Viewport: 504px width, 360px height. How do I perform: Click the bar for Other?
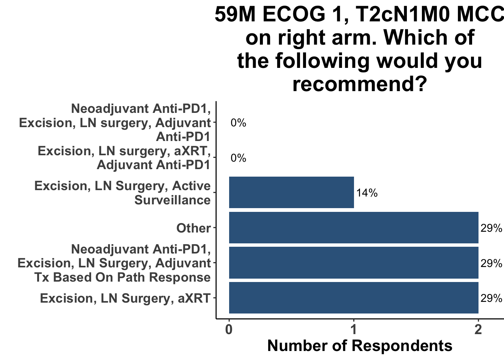tap(353, 228)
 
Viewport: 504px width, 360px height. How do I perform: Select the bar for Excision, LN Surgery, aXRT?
tap(353, 298)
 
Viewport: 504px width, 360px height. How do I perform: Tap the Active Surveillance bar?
tap(291, 192)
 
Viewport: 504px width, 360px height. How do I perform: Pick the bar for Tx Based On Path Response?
tap(353, 263)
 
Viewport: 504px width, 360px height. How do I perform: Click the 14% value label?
tap(367, 193)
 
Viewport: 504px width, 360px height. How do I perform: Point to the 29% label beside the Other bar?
tap(491, 228)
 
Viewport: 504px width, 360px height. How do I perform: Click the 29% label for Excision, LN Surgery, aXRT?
tap(491, 298)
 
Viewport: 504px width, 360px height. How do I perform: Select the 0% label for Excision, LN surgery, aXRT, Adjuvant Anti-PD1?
tap(238, 158)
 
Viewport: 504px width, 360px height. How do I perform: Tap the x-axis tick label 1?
tap(353, 330)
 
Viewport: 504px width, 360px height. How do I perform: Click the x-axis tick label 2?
tap(478, 330)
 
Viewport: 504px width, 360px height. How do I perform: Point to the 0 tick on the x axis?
tap(229, 330)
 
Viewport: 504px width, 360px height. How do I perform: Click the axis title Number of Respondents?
tap(360, 345)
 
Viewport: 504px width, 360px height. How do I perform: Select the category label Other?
tap(193, 228)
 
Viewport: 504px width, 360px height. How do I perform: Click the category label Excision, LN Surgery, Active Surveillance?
tap(122, 193)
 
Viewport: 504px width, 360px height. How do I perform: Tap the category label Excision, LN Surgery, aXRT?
tap(125, 298)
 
